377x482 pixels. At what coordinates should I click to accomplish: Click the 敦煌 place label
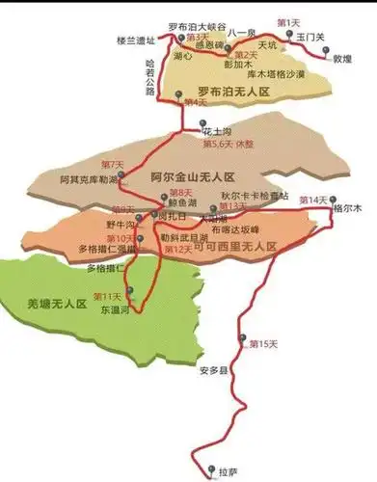pyautogui.click(x=342, y=58)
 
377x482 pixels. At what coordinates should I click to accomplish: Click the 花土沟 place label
pyautogui.click(x=217, y=127)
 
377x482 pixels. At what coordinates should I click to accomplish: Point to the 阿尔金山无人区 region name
pyautogui.click(x=193, y=178)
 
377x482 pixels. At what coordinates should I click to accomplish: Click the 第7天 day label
pyautogui.click(x=112, y=164)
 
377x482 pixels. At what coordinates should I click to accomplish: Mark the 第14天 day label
pyautogui.click(x=313, y=200)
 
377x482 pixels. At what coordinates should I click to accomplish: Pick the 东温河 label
pyautogui.click(x=113, y=310)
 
